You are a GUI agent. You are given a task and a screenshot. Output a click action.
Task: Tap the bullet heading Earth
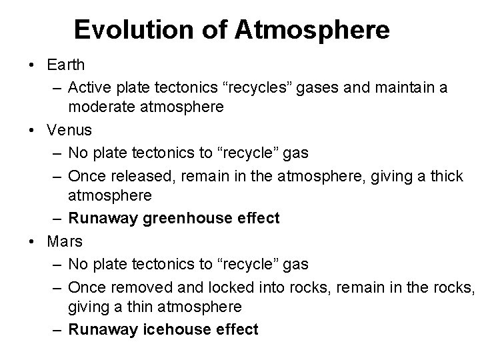coord(66,65)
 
